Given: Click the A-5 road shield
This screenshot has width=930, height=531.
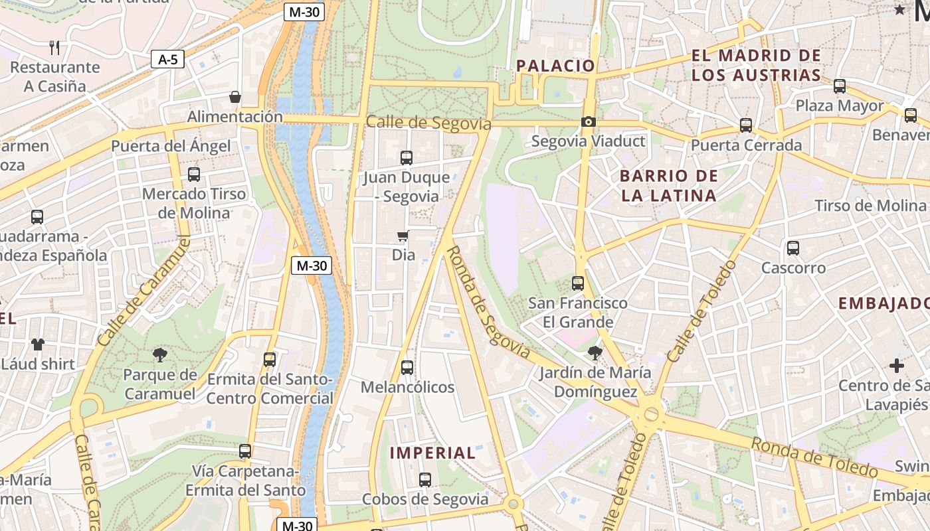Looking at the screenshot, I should (x=167, y=60).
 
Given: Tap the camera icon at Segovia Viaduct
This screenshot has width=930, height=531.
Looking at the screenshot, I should (x=588, y=121).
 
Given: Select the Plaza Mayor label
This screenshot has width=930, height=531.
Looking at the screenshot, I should (x=840, y=106).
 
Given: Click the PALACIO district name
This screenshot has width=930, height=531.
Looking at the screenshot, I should (x=555, y=66).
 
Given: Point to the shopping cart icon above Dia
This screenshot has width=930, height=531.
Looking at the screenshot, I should (x=403, y=236).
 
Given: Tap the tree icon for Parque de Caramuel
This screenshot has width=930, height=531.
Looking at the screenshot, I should (x=159, y=354).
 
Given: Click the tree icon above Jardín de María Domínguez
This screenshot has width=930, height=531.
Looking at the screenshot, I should (x=595, y=352).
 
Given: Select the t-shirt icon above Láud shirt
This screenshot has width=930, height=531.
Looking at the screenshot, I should (x=37, y=344).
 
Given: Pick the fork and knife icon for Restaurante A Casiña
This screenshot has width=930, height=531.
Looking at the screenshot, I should (x=54, y=47).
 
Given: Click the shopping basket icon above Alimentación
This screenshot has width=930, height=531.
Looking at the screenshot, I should (x=234, y=97).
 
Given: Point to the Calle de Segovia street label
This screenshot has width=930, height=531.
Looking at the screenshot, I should (x=428, y=123).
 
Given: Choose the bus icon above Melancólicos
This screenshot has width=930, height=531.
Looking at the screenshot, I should (x=407, y=367).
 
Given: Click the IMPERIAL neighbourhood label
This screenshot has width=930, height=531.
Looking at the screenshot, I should (x=432, y=453).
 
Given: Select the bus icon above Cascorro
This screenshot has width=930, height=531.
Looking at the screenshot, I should (x=792, y=248).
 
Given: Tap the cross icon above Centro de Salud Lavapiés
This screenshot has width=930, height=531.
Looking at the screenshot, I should (x=897, y=366).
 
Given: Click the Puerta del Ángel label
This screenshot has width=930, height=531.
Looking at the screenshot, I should (x=171, y=146).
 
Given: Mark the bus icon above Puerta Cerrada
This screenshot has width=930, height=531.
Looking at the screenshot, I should (x=745, y=125).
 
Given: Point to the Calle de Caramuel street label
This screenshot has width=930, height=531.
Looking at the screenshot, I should (x=143, y=291).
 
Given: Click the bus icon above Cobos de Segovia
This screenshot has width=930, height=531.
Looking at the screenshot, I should (x=425, y=479).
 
